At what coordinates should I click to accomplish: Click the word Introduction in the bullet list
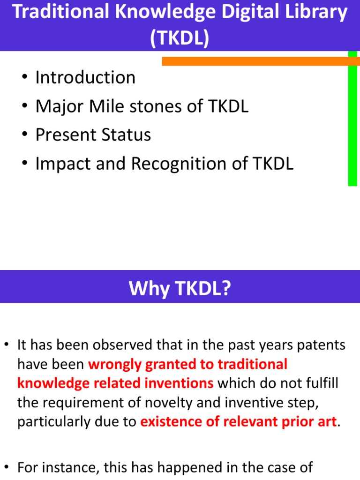pos(85,77)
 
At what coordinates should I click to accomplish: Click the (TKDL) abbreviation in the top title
pos(180,39)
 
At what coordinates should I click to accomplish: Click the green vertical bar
pos(352,122)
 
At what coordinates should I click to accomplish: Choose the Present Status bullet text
pos(93,135)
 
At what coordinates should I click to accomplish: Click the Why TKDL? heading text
pos(180,288)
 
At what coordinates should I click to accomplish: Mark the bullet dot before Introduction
pos(25,78)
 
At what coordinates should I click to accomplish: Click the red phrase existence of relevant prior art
pos(238,421)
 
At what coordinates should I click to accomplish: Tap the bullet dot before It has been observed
pos(7,346)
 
